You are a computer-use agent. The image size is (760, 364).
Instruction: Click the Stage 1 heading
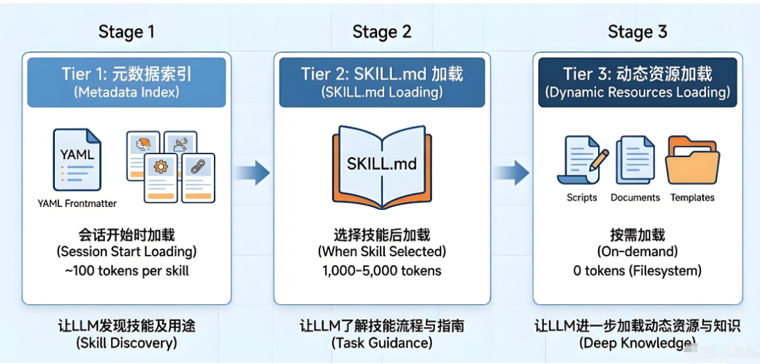tap(126, 32)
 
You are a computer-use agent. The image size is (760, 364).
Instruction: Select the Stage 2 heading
tap(381, 32)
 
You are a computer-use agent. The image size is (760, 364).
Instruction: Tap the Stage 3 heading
tap(637, 32)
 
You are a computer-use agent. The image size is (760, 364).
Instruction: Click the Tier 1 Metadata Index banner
tap(126, 82)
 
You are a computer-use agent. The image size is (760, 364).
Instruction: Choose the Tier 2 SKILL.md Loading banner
tap(381, 82)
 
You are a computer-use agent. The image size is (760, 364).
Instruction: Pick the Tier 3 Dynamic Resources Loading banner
tap(637, 82)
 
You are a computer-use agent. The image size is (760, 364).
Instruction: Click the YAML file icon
tap(77, 159)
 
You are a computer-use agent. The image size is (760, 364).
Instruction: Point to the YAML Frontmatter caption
tap(77, 203)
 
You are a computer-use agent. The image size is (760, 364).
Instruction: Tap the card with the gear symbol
tap(160, 177)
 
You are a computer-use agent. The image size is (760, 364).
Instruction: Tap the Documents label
tap(635, 198)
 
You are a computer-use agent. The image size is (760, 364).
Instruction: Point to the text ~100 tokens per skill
tap(126, 270)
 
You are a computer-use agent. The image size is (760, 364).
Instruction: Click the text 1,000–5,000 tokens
tap(381, 270)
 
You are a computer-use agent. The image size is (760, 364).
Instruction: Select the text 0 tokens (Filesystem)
tap(637, 270)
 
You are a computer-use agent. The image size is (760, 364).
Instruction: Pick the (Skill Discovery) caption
tap(126, 343)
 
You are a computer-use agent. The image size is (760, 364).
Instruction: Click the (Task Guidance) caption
tap(381, 343)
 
